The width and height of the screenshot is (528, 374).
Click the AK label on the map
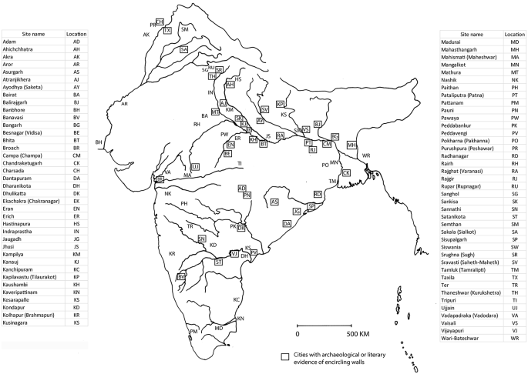(x=146, y=35)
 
